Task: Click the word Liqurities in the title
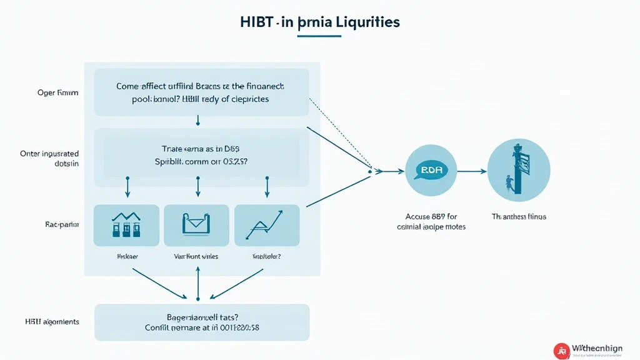tap(364, 22)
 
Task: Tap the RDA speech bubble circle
tap(431, 170)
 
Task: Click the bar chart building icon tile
tap(127, 225)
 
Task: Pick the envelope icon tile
tap(197, 225)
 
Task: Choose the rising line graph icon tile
tap(267, 225)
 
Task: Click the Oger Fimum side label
tap(58, 92)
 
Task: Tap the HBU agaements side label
tap(53, 322)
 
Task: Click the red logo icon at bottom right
tap(561, 351)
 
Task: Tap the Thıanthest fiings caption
tap(519, 216)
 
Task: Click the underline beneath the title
tap(319, 36)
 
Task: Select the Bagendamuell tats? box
tap(201, 322)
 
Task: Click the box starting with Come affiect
tap(201, 92)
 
